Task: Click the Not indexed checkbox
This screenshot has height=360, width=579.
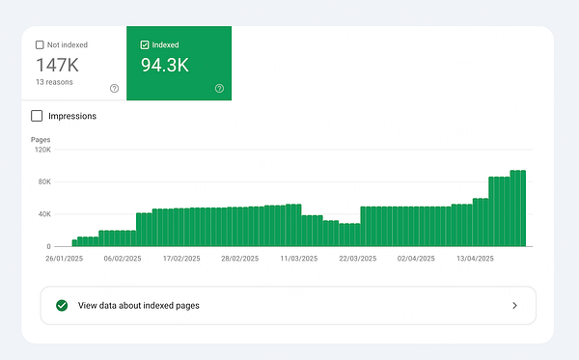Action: point(40,44)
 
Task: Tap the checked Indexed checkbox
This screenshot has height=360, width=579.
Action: point(144,44)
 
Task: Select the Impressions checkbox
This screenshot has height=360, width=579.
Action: point(38,116)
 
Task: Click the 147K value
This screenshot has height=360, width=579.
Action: point(58,65)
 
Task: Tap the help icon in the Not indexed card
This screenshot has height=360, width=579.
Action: point(114,89)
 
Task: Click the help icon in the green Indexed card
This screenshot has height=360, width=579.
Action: point(219,89)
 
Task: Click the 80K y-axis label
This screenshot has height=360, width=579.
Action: point(43,181)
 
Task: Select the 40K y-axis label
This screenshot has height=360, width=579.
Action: point(43,214)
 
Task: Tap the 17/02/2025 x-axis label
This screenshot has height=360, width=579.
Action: point(180,259)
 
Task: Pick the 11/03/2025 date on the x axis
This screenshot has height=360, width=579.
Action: point(299,259)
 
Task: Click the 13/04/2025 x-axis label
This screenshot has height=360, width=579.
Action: point(475,259)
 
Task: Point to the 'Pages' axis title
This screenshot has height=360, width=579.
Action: point(41,140)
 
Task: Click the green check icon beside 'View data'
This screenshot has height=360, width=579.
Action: point(62,305)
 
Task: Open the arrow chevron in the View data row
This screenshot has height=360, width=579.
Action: point(514,305)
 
